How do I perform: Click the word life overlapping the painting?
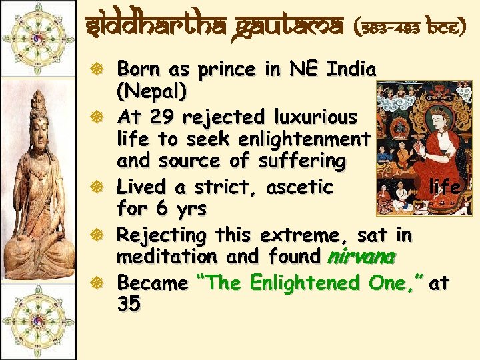(445, 187)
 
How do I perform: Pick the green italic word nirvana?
(361, 257)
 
